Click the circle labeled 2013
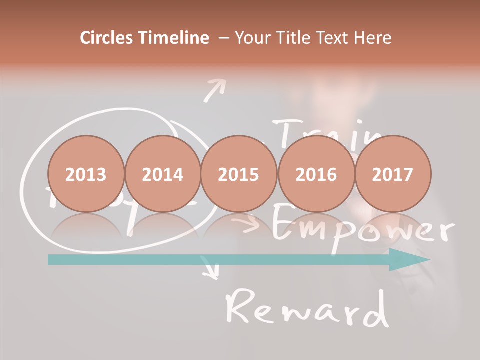click(x=86, y=174)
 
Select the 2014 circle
click(x=163, y=174)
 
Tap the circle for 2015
click(x=239, y=174)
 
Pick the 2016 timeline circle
click(x=316, y=174)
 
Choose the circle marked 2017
click(x=393, y=174)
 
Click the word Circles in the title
click(x=107, y=38)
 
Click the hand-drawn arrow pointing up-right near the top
click(x=215, y=91)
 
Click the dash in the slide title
click(x=223, y=38)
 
